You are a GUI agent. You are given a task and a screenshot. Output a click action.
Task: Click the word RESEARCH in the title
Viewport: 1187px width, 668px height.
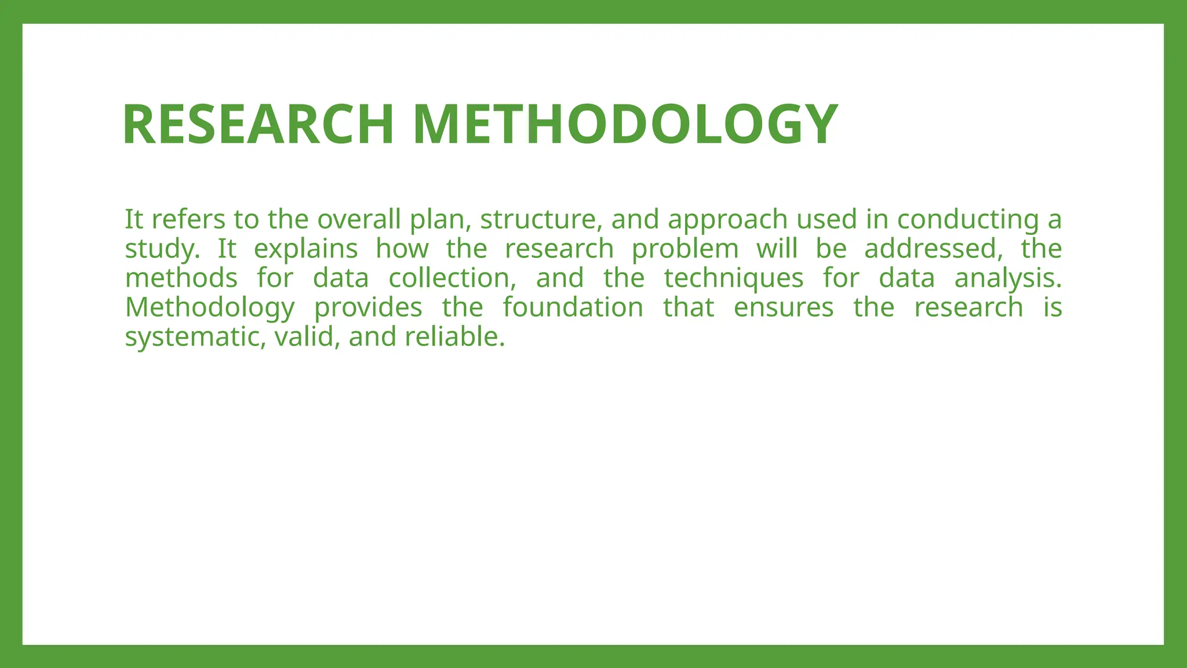258,124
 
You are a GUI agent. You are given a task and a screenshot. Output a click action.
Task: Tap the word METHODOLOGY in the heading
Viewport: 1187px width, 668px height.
625,124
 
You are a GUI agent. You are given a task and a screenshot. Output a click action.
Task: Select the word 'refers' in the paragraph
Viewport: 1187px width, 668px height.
188,219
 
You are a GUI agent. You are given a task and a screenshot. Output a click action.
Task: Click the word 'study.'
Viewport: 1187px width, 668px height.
162,249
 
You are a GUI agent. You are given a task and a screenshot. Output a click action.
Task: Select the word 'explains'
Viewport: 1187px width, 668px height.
306,249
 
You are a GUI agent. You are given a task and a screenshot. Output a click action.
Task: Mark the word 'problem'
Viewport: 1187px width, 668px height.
685,249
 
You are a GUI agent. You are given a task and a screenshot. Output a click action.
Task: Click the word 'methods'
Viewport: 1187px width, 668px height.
181,278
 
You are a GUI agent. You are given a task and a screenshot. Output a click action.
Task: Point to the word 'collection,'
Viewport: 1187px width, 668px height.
452,278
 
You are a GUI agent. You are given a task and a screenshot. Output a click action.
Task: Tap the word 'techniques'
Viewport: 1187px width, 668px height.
734,279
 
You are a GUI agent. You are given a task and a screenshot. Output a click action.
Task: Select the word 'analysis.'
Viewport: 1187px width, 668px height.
1008,279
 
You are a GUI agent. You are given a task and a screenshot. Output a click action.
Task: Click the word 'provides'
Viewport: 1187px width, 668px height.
368,308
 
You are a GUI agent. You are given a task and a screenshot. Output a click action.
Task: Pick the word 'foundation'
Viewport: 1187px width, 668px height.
573,307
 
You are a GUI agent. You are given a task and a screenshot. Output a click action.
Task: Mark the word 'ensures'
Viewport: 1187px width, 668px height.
784,307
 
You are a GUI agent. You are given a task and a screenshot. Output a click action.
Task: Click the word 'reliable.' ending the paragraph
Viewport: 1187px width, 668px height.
455,336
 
